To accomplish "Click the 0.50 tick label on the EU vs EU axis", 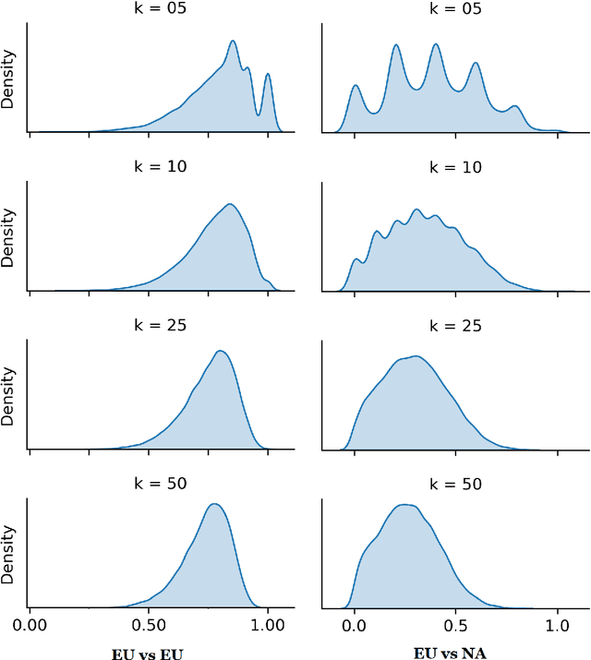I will coord(149,623).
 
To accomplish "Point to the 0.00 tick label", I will coord(30,623).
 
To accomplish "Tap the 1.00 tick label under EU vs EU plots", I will coord(268,623).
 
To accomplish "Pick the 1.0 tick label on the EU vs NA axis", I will coord(557,623).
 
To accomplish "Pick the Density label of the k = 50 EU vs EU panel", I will coord(9,554).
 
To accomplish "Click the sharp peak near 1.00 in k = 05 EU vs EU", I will coord(268,75).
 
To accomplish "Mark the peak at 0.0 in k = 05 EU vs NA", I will coord(356,87).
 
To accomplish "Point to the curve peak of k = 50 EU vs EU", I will coord(214,504).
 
